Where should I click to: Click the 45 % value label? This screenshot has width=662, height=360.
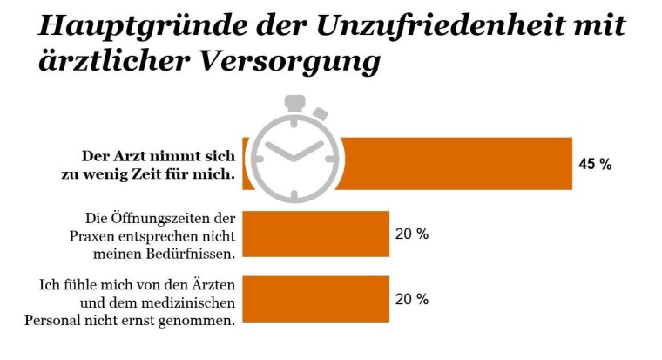point(596,164)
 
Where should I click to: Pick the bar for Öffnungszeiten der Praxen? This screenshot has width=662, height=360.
point(315,234)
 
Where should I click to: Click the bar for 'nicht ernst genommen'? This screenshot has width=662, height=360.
point(315,299)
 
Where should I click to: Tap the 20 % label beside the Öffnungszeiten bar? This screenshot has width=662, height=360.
point(413,234)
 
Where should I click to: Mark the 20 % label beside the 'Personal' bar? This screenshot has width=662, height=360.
point(413,299)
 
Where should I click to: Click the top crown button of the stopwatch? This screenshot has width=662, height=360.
point(288,102)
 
